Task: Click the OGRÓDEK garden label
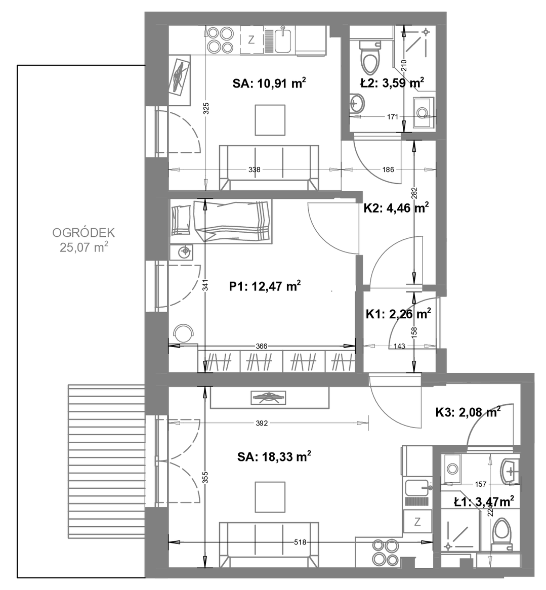click(83, 233)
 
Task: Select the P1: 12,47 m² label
click(265, 286)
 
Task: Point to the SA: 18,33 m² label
click(274, 457)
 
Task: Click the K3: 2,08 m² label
click(468, 412)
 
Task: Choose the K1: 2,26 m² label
click(398, 314)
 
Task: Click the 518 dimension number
click(300, 542)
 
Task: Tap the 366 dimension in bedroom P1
click(261, 346)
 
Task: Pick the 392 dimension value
click(262, 424)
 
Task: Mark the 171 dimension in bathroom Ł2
click(393, 117)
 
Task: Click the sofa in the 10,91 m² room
click(269, 167)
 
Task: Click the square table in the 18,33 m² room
click(270, 497)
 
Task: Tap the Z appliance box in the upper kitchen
click(251, 40)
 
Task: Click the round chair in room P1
click(183, 332)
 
